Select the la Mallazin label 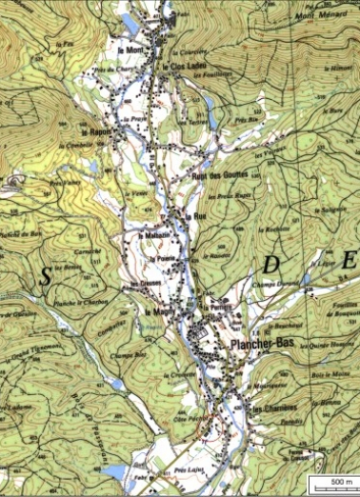coord(155,235)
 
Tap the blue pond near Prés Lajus coord(116,473)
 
